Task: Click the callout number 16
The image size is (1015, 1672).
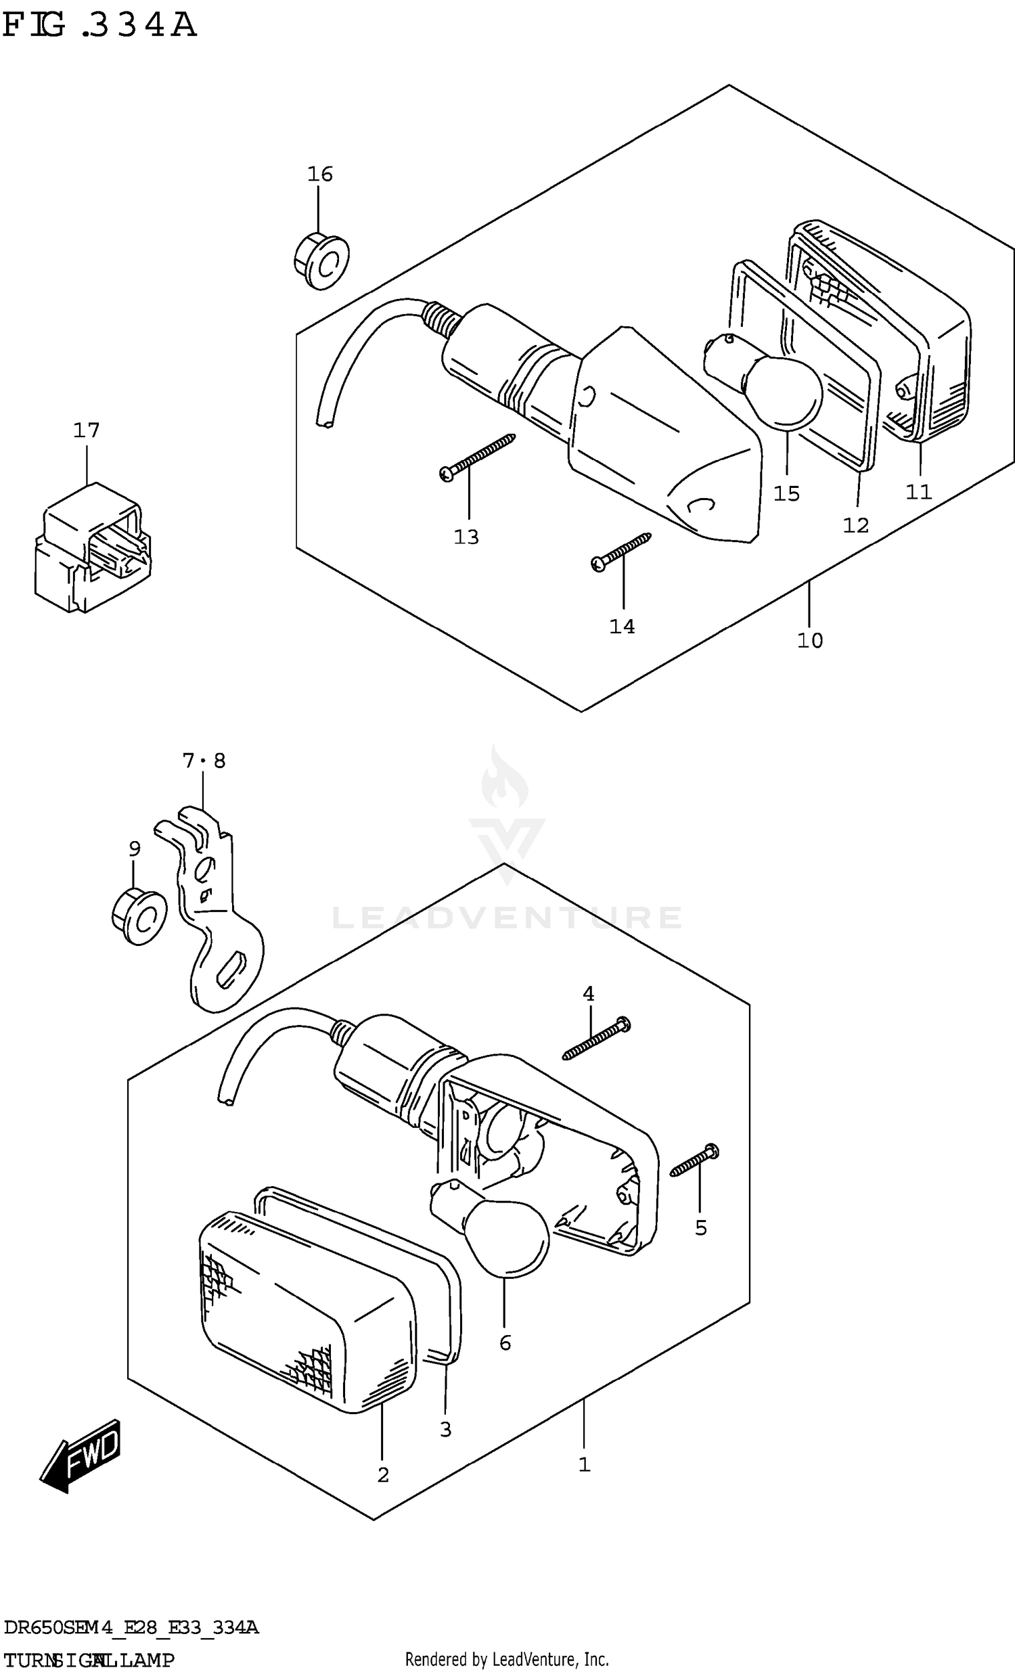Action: (319, 175)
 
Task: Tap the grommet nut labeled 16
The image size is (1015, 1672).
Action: (322, 261)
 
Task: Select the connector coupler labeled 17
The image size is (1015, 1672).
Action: (91, 548)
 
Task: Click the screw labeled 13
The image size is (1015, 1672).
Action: (478, 456)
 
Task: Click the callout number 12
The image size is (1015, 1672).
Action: (855, 524)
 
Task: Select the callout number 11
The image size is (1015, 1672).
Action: (919, 491)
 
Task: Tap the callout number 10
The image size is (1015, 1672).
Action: (809, 640)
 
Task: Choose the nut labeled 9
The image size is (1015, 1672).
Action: (139, 918)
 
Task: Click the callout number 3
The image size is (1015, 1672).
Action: (445, 1430)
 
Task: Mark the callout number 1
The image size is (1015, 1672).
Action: (584, 1465)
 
